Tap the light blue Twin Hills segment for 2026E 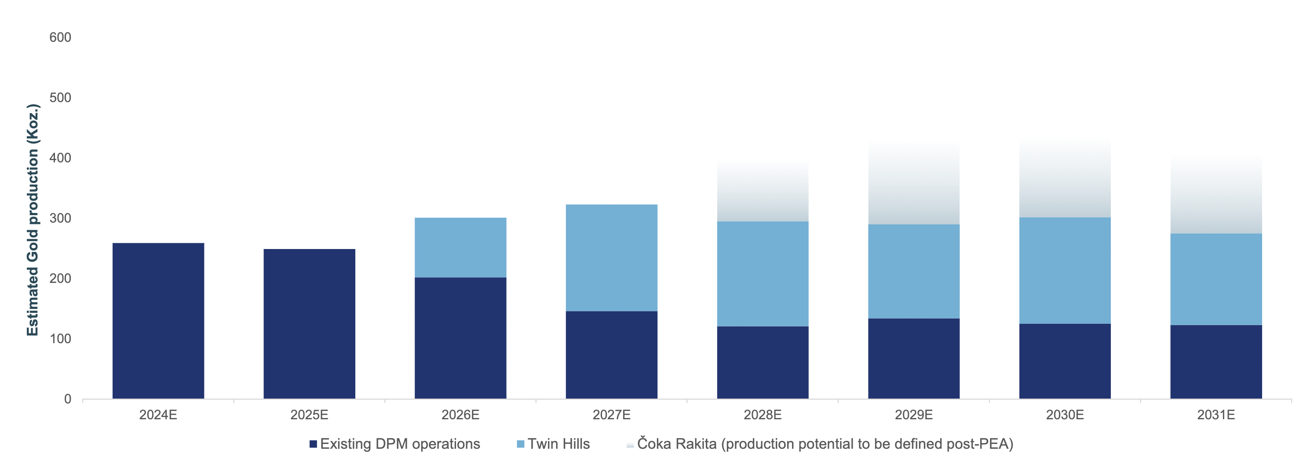460,248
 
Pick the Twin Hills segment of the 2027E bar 611,258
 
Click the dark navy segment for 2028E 763,363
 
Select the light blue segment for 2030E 1065,271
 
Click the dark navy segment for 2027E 611,355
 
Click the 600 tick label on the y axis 60,37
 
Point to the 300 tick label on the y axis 60,218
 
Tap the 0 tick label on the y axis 67,399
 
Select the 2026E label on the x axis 460,415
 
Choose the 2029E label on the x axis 913,415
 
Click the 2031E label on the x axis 1215,415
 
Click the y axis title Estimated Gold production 33,220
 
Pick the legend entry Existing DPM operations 400,444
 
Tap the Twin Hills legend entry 558,444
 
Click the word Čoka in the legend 653,443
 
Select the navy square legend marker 313,444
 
